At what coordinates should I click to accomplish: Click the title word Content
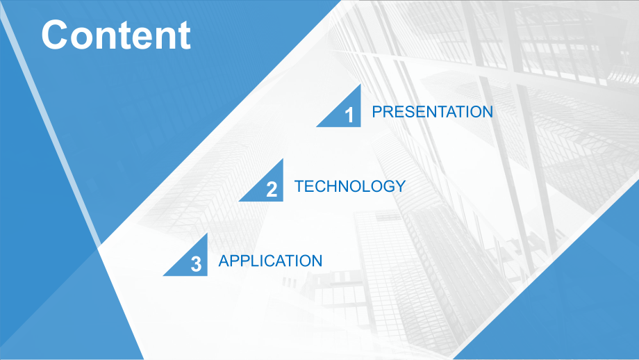click(116, 35)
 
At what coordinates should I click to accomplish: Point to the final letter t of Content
click(185, 36)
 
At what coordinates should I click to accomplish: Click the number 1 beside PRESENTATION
click(349, 115)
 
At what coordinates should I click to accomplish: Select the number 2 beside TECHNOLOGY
click(272, 190)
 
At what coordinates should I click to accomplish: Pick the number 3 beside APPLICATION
click(196, 264)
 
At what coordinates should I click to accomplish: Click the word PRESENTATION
click(433, 112)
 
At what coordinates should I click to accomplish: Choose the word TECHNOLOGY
click(350, 186)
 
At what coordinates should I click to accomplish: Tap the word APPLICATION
click(271, 261)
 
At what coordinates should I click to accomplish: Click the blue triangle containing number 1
click(346, 113)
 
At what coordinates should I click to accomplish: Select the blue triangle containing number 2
click(268, 187)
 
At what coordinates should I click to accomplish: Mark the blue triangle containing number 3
click(192, 262)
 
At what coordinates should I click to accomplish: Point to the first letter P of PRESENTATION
click(377, 112)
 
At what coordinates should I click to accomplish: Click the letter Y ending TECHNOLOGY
click(400, 186)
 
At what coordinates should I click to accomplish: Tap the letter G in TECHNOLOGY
click(388, 186)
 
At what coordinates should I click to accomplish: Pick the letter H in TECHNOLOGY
click(329, 186)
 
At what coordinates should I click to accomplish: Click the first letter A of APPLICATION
click(224, 261)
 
